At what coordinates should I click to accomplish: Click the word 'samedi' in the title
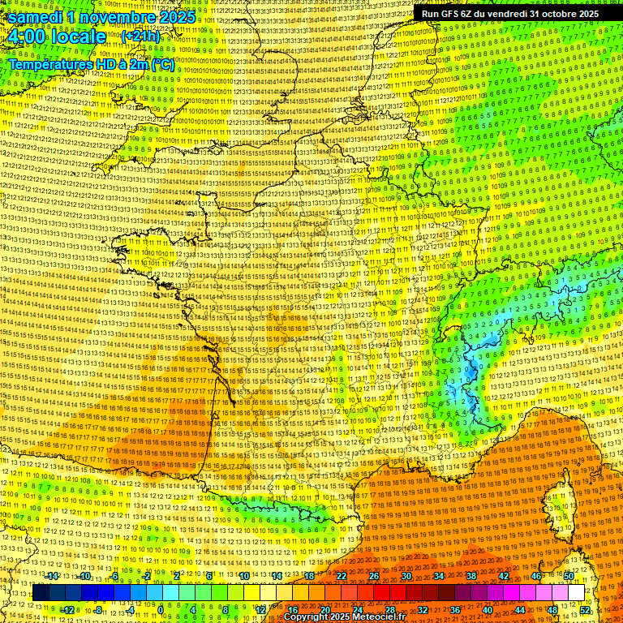[x=35, y=16]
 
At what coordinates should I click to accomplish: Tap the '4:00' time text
[x=27, y=37]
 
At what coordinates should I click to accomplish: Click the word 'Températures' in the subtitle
[x=49, y=64]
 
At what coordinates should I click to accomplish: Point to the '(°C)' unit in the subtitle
[x=162, y=64]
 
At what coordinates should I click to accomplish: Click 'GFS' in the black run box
[x=460, y=14]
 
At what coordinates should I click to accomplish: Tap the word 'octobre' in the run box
[x=552, y=14]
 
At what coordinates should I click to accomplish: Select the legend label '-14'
[x=53, y=576]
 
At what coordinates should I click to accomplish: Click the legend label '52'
[x=585, y=610]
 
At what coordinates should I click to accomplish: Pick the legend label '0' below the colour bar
[x=161, y=610]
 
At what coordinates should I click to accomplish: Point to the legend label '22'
[x=342, y=576]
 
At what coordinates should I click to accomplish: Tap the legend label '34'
[x=439, y=576]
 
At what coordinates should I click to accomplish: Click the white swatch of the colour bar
[x=576, y=593]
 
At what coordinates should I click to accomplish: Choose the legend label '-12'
[x=68, y=610]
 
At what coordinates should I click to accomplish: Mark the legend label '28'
[x=390, y=610]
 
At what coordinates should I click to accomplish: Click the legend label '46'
[x=536, y=576]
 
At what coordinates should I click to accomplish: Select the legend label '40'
[x=488, y=610]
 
